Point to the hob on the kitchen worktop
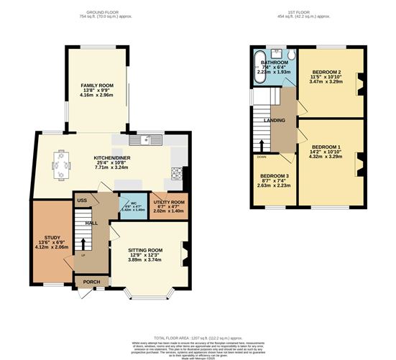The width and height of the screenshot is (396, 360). click(176, 172)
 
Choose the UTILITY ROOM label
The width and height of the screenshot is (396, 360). click(170, 203)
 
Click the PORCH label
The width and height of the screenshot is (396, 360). click(92, 282)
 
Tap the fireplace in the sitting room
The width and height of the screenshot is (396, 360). click(185, 251)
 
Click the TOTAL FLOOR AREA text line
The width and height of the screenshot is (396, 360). click(198, 337)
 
